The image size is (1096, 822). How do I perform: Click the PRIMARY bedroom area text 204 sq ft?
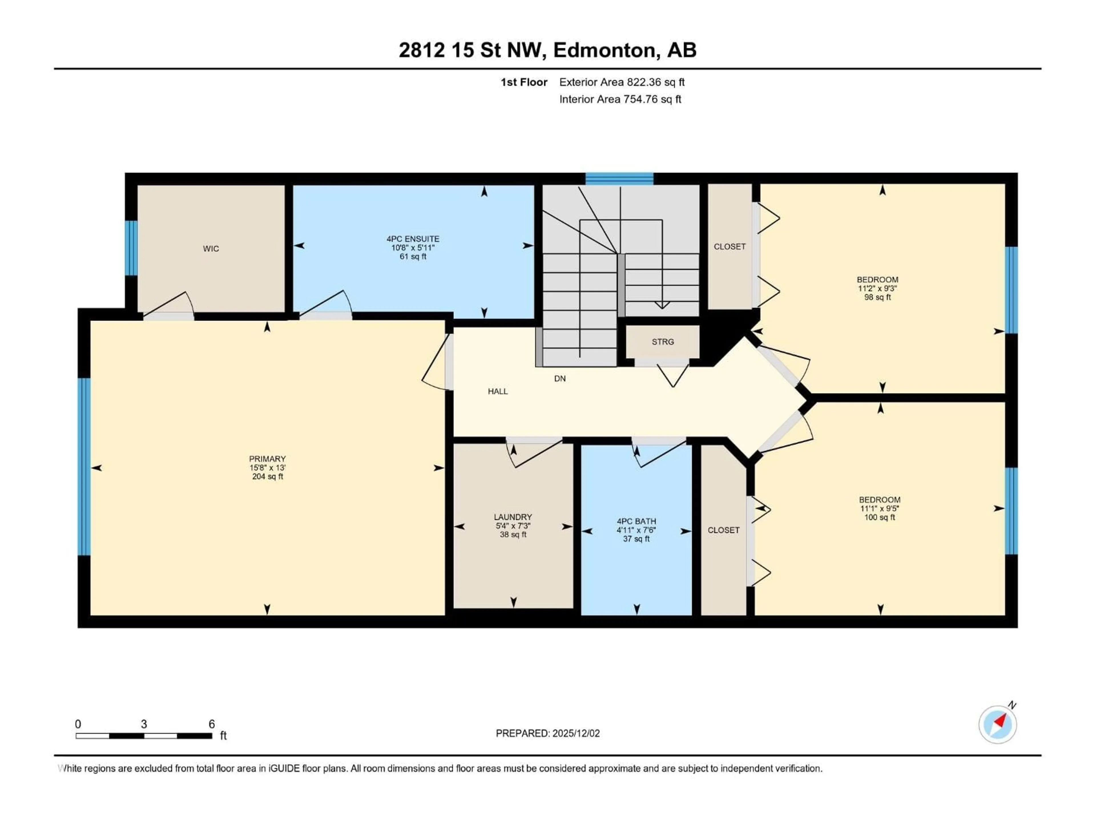[267, 477]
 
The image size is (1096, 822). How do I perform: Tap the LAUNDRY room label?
[513, 517]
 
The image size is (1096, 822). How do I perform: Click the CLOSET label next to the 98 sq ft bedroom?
[729, 247]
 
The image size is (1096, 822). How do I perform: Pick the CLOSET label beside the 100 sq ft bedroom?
[724, 530]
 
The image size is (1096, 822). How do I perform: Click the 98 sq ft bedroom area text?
[877, 297]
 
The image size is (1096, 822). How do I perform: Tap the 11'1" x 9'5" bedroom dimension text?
[879, 508]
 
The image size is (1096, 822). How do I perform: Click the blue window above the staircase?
[619, 178]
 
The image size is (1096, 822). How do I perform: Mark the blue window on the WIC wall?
[131, 248]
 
